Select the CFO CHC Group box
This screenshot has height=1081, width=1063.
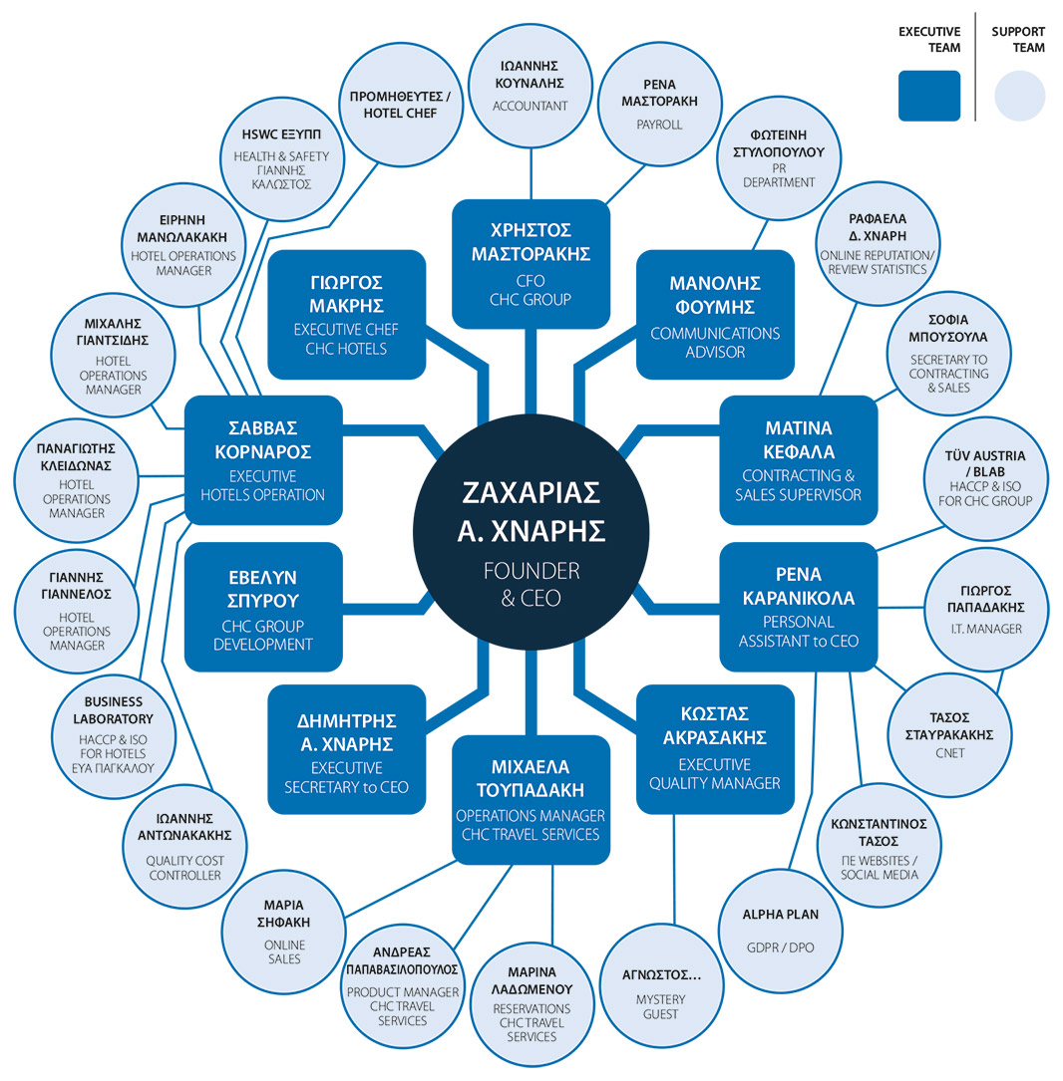pyautogui.click(x=531, y=263)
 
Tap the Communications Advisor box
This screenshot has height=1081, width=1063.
pyautogui.click(x=715, y=314)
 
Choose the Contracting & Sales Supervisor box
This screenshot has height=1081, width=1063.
pyautogui.click(x=799, y=459)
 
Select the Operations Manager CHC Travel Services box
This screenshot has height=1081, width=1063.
pyautogui.click(x=531, y=798)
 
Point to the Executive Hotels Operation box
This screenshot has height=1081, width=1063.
pyautogui.click(x=263, y=459)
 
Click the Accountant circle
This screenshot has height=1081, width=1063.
pyautogui.click(x=531, y=86)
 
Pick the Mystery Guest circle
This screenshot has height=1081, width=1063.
pyautogui.click(x=660, y=988)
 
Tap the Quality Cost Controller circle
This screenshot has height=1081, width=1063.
pyautogui.click(x=185, y=850)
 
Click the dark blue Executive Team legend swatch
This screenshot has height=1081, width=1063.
pyautogui.click(x=929, y=96)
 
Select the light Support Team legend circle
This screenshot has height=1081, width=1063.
pyautogui.click(x=1019, y=97)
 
